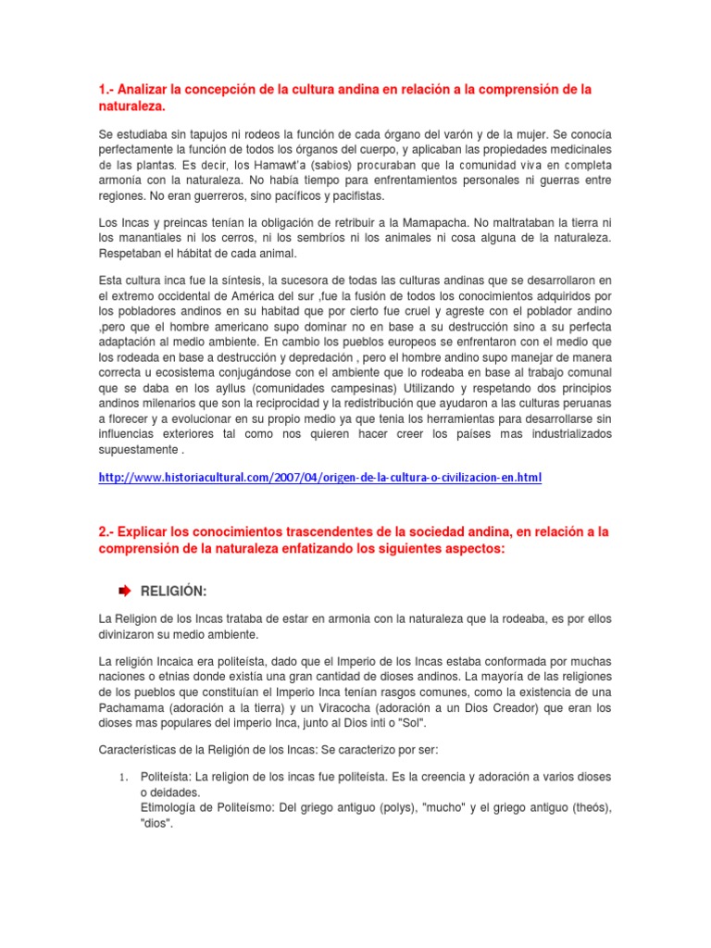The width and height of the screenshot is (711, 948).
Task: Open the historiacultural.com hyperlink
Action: click(319, 478)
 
